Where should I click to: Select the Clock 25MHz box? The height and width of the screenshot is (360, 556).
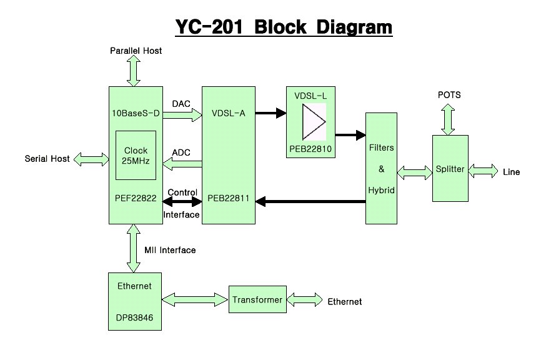(136, 156)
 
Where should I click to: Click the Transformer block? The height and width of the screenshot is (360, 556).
(257, 300)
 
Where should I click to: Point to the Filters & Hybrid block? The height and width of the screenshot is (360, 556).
(381, 169)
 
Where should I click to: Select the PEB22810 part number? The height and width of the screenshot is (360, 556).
(310, 150)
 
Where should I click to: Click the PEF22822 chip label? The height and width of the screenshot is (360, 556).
(135, 200)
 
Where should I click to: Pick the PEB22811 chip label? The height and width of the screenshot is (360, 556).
(229, 200)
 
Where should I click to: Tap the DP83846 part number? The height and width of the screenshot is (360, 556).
(134, 317)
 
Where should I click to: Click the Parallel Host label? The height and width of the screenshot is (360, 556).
(136, 51)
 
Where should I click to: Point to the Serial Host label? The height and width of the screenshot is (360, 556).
(47, 159)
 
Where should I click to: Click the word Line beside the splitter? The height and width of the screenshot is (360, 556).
(511, 172)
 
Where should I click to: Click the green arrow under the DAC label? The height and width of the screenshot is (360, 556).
(181, 114)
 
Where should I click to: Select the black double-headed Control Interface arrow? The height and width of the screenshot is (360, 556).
(181, 202)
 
